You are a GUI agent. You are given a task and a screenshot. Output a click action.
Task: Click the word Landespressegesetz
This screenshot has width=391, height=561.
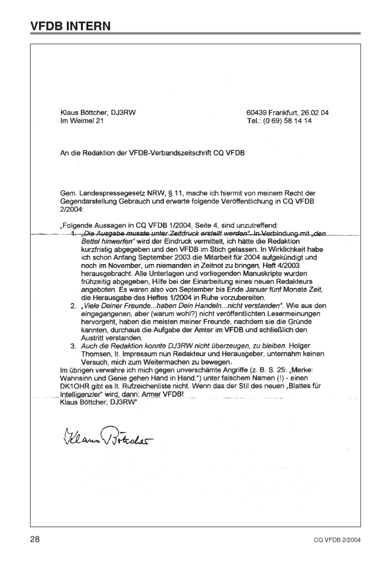[108, 194]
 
